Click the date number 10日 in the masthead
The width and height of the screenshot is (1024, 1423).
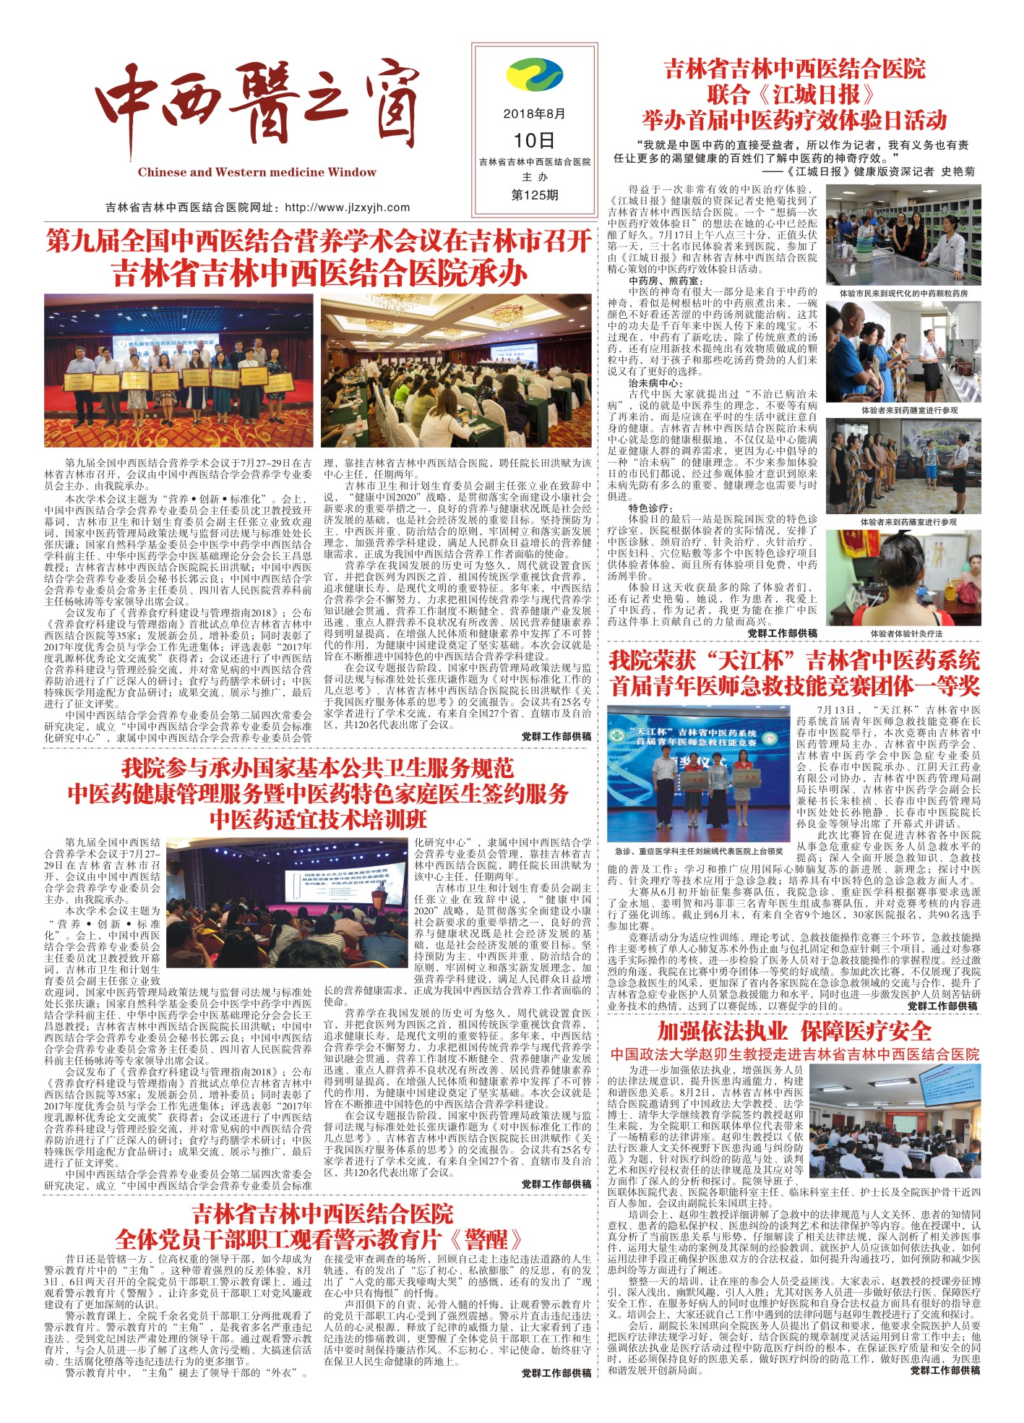534,140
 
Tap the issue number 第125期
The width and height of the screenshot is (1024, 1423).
534,195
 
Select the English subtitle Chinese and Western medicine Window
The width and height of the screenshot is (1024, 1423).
257,172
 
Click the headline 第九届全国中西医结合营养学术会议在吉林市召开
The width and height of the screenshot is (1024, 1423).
318,241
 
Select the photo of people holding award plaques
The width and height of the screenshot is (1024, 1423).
178,369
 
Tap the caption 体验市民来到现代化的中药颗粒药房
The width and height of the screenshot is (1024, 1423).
903,294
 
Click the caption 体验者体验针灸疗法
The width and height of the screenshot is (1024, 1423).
906,633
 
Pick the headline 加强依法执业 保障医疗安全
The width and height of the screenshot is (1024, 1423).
793,1030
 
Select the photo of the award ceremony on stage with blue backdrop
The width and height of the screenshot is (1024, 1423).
698,773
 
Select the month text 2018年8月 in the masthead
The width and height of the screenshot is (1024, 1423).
534,114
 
